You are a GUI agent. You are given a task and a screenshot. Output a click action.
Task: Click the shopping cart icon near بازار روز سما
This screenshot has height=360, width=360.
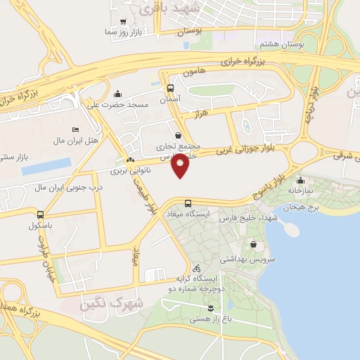pos(124,21)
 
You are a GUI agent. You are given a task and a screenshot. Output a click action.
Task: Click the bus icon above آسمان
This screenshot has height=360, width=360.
pos(170,89)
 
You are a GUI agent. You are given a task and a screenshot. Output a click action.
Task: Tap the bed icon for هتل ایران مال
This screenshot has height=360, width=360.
pos(75,130)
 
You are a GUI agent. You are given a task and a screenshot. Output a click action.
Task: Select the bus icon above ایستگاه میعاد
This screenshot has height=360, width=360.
pos(187,203)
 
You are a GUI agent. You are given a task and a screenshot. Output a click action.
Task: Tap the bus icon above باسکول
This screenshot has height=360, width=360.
pos(41,214)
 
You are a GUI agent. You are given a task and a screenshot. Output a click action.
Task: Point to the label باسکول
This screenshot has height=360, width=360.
pos(41,226)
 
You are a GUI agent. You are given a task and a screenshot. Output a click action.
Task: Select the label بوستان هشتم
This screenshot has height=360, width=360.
pos(302,44)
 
